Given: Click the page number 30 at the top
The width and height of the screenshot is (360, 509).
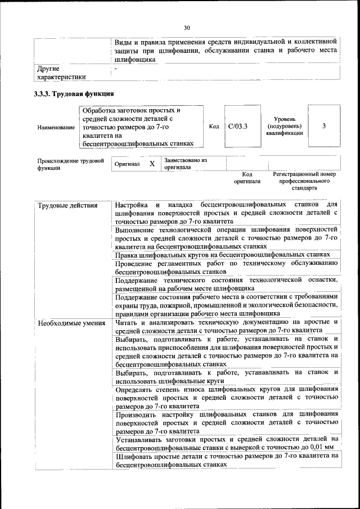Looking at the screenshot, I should [187, 28].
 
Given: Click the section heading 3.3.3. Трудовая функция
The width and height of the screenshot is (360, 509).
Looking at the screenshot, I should [74, 93].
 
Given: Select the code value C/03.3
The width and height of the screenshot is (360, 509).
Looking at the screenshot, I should [238, 127].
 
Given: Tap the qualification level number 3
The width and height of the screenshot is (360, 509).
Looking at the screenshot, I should [324, 126].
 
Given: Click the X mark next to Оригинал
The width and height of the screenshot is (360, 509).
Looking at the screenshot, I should [152, 164].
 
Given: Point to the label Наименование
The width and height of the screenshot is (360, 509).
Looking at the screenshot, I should [56, 128].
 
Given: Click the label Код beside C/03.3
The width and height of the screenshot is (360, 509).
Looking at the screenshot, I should [214, 127].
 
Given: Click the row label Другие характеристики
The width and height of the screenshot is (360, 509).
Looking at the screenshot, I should [61, 73].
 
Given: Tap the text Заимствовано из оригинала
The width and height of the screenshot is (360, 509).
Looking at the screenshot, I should [186, 164].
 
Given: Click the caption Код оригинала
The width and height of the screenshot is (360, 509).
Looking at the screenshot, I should [247, 178].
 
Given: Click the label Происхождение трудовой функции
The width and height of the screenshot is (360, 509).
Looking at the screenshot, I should [70, 164].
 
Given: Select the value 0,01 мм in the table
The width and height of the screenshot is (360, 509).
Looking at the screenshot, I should [321, 448].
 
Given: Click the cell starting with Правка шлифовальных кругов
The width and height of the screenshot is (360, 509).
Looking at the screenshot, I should [222, 255].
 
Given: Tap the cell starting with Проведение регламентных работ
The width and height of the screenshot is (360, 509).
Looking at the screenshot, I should [226, 267].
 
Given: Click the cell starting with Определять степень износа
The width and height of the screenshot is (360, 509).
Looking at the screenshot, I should [226, 397].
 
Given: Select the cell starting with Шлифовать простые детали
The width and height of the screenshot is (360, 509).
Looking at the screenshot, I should [226, 461].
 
